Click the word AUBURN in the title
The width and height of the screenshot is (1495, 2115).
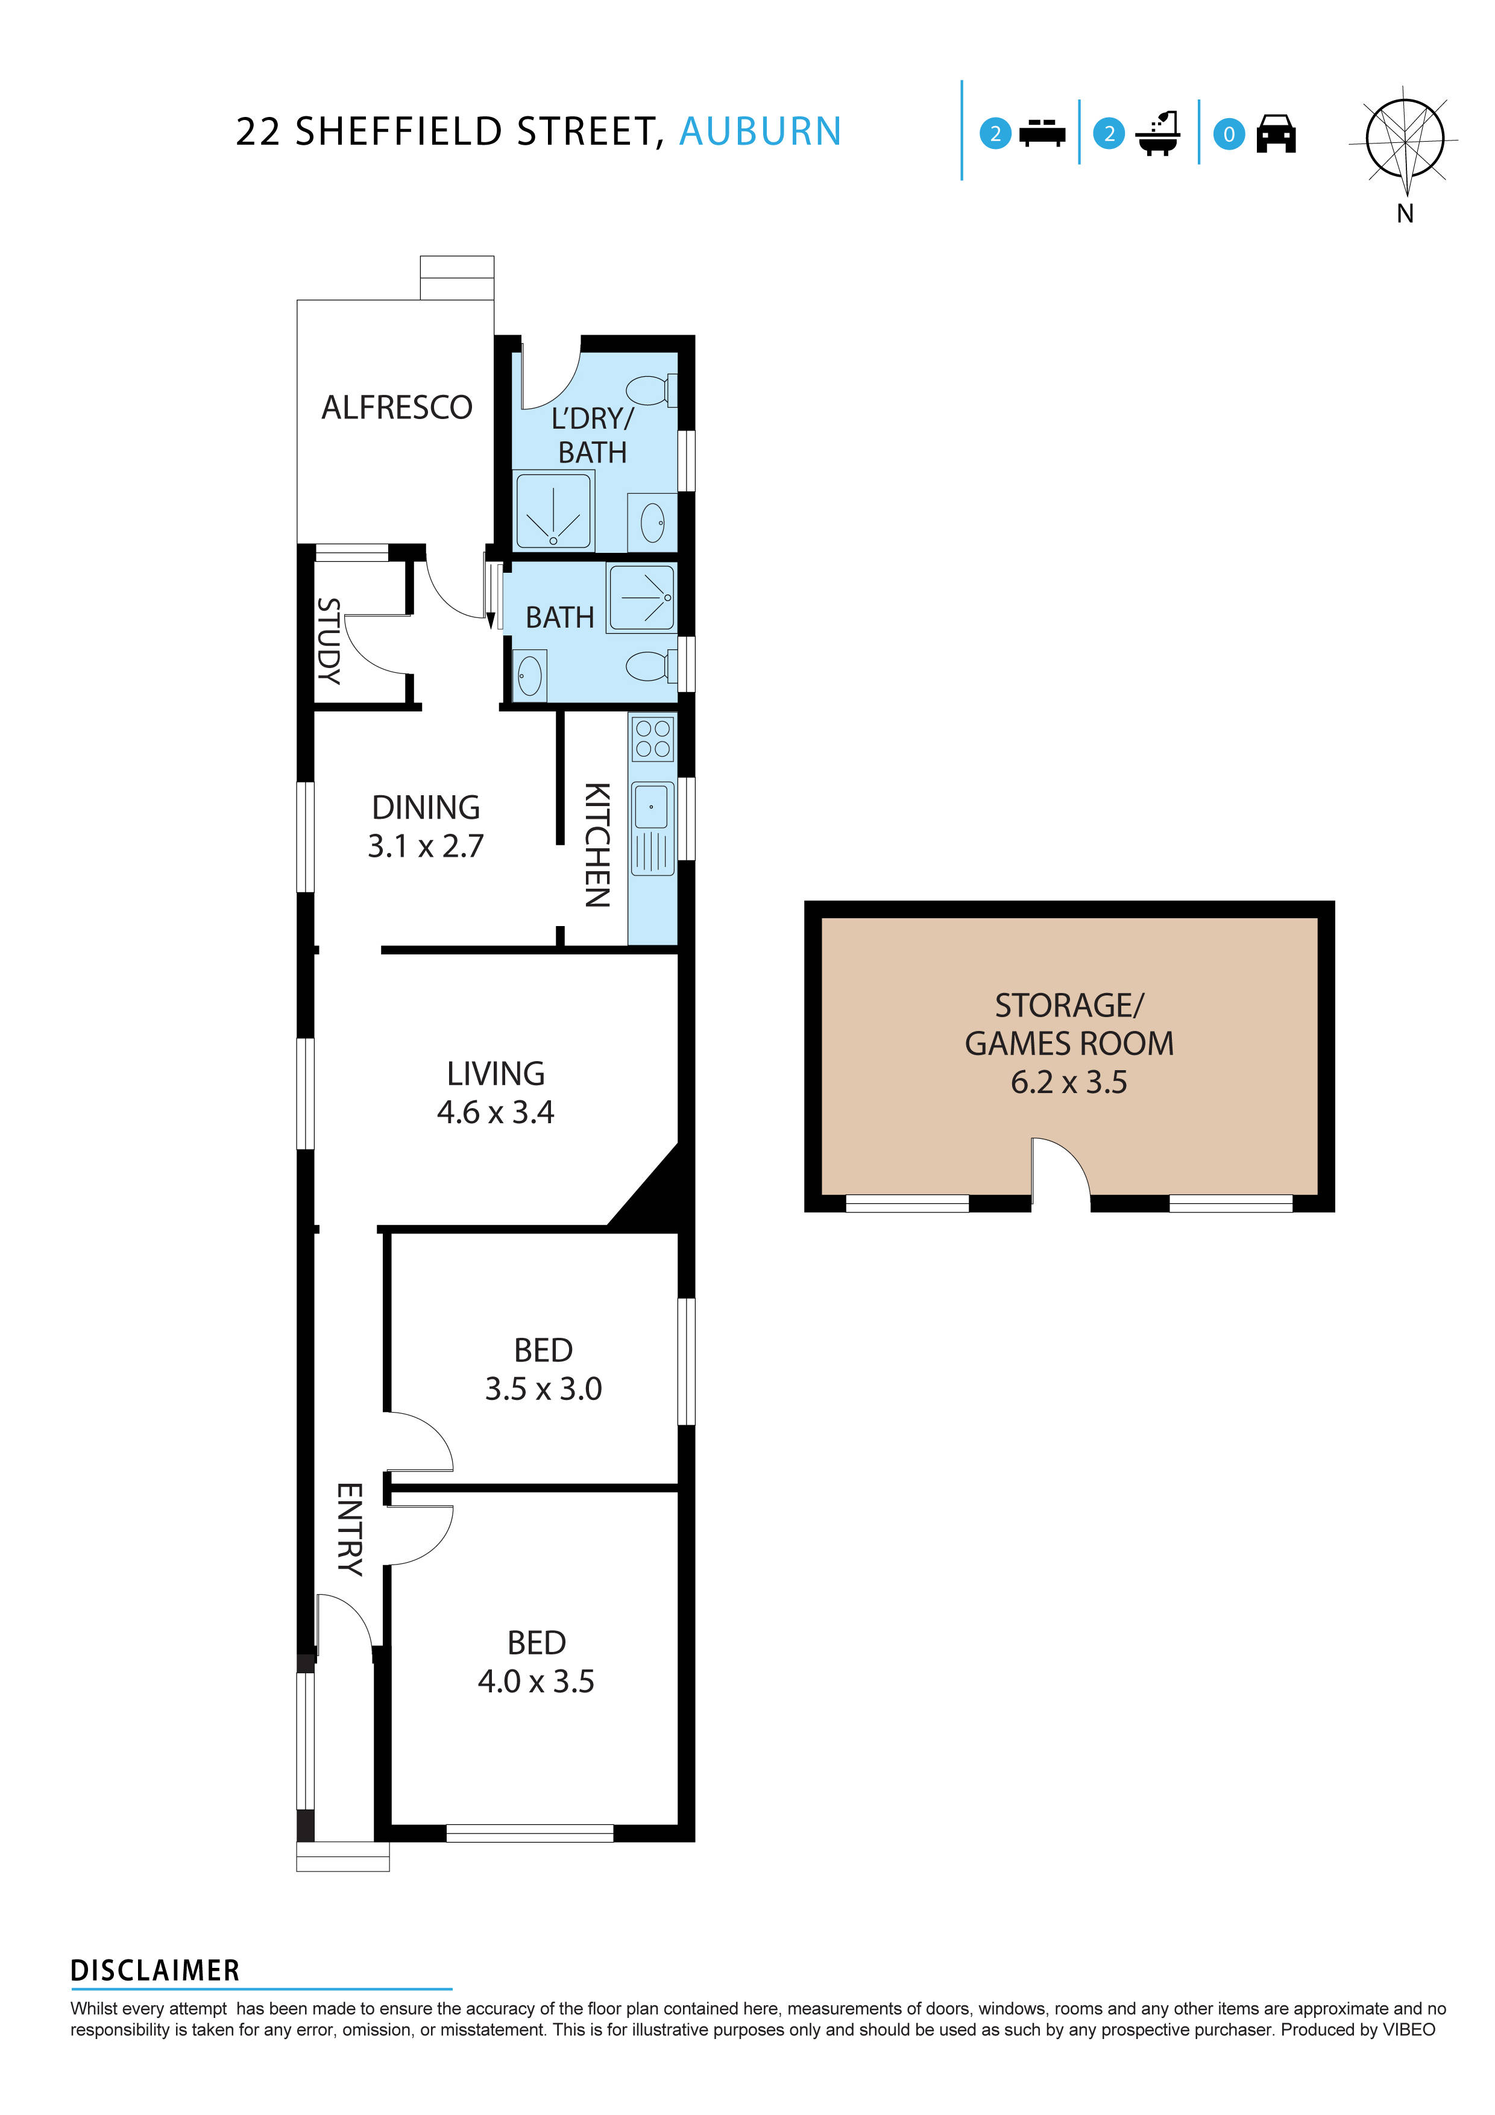[760, 131]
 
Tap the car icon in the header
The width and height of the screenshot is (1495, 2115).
[1276, 134]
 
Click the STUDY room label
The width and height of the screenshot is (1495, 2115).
[329, 640]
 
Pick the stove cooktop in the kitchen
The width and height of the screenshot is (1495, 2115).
[652, 739]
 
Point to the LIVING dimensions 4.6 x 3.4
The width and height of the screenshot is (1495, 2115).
[495, 1112]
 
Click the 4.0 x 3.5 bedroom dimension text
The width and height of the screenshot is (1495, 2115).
[535, 1681]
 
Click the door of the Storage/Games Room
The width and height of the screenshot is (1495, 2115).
[1059, 1170]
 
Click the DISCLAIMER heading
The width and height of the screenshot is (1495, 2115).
[155, 1970]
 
